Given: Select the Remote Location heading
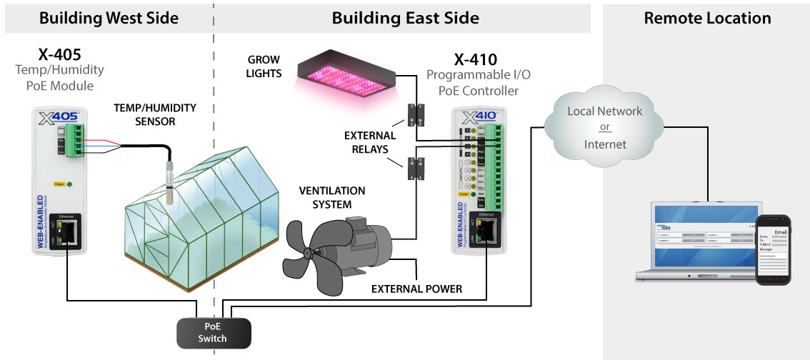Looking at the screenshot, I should point(707,18).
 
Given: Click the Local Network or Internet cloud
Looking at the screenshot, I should point(604,129).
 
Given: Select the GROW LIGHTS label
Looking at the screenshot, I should point(264,66).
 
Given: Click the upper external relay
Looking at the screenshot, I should point(415,114).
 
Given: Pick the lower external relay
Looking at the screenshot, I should point(414,168).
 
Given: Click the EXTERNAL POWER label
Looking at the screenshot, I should point(416,289).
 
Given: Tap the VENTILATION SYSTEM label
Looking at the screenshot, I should point(331,198).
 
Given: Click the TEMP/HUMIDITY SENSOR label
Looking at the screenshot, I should point(155,114).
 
